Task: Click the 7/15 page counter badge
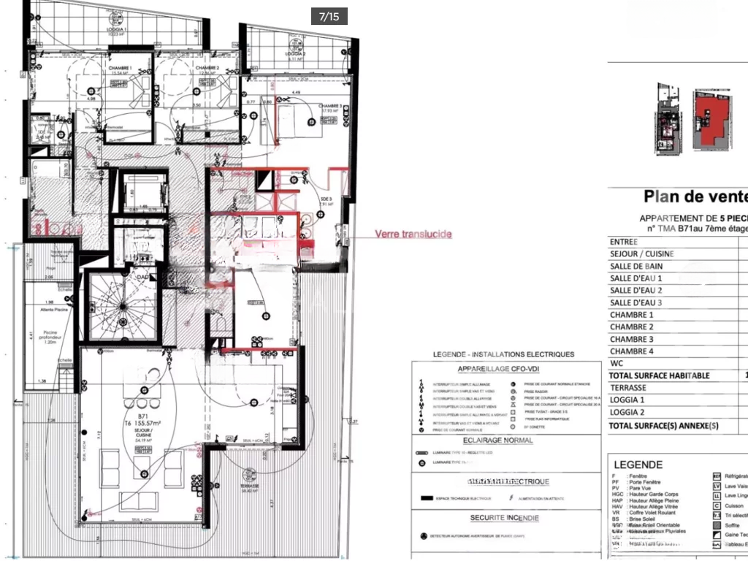click(x=329, y=16)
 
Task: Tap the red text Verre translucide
click(x=413, y=234)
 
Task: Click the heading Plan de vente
click(x=695, y=196)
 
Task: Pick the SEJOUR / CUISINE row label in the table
click(x=641, y=254)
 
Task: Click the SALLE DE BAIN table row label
click(x=636, y=267)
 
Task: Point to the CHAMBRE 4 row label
click(x=632, y=351)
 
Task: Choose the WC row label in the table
click(x=617, y=363)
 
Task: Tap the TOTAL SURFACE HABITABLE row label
click(x=660, y=375)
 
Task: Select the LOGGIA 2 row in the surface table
click(x=627, y=413)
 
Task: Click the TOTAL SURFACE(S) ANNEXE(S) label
click(x=664, y=426)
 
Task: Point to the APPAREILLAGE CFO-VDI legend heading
click(x=494, y=370)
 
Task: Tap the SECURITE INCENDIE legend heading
click(x=494, y=518)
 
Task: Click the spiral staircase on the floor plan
click(x=120, y=307)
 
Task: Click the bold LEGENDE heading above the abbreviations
click(x=638, y=465)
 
